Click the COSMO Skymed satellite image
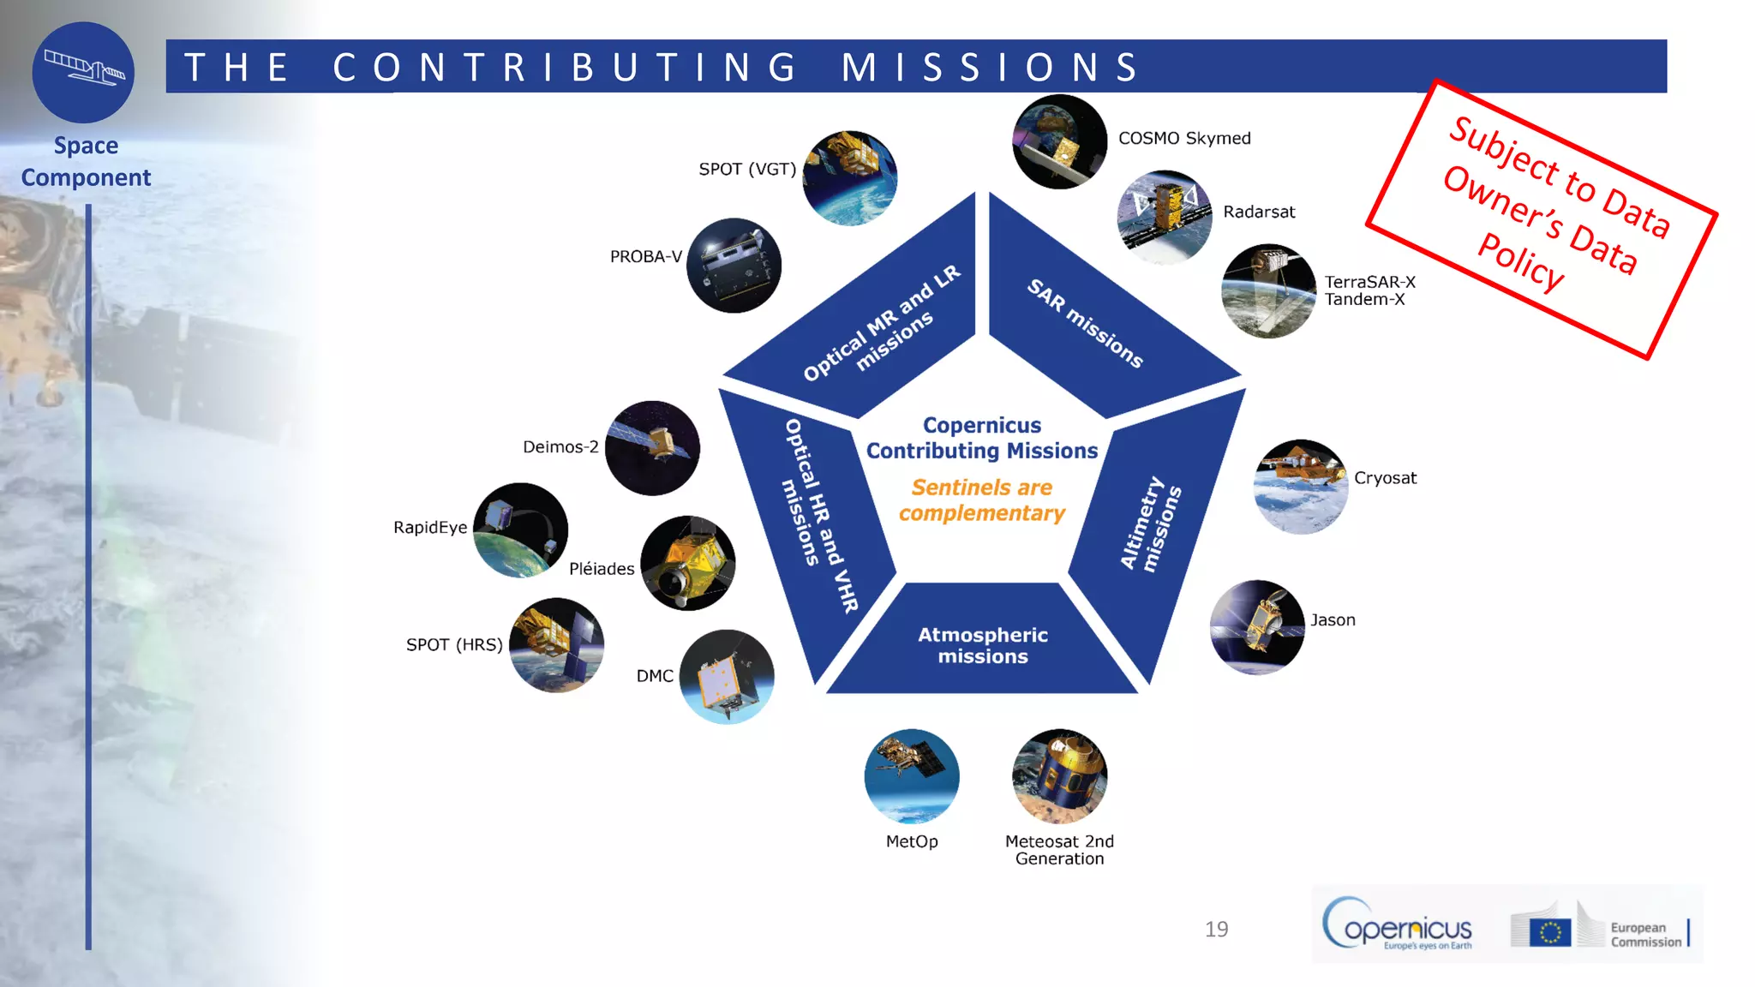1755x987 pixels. click(1059, 142)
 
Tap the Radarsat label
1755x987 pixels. click(1259, 212)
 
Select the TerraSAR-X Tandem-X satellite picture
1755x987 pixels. click(1268, 291)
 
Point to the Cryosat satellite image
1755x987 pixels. click(1301, 487)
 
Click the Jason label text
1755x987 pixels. click(1333, 619)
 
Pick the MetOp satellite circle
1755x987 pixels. click(912, 776)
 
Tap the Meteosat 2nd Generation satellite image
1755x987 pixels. click(1060, 776)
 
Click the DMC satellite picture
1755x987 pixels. click(727, 677)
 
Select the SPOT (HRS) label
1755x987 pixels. click(454, 644)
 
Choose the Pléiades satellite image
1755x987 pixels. click(688, 563)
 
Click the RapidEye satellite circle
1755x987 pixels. click(520, 530)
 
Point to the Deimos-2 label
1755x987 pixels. click(560, 446)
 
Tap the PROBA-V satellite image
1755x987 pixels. click(734, 266)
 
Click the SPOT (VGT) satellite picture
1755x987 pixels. click(850, 178)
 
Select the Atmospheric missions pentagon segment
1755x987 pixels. click(982, 645)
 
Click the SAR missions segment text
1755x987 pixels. click(1085, 324)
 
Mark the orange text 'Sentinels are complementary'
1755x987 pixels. click(982, 500)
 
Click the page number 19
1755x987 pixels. click(1216, 930)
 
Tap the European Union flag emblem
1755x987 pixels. click(1549, 931)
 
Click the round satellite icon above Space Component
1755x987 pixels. click(83, 72)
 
